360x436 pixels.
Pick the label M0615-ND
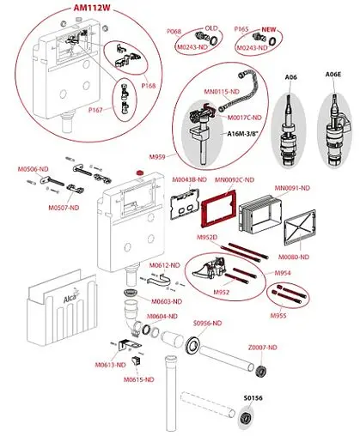(x=137, y=378)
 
